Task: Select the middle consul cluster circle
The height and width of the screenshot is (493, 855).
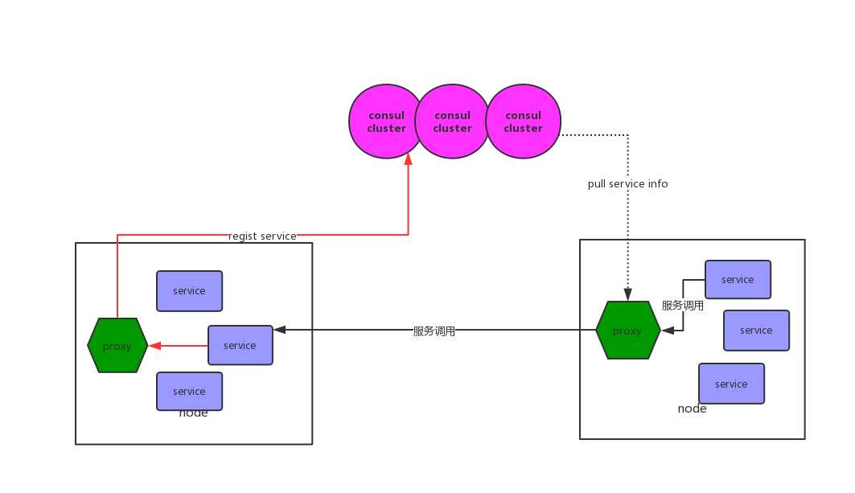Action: coord(452,121)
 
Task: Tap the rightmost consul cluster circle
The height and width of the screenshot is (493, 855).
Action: coord(523,121)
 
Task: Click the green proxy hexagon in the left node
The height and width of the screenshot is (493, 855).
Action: coord(117,346)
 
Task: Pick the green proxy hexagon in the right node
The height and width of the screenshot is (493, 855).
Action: coord(627,331)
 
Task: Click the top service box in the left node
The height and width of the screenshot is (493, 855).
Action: coord(189,291)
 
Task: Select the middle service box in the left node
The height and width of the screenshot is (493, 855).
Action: coord(240,345)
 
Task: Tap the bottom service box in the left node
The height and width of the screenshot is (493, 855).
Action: coord(189,391)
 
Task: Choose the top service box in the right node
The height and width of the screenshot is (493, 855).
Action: coord(738,280)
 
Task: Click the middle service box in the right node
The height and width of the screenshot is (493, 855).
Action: coord(756,331)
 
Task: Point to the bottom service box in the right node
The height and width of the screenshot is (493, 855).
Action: coord(731,384)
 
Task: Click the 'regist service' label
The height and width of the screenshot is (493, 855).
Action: coord(262,236)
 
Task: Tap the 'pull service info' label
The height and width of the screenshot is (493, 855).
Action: coord(627,183)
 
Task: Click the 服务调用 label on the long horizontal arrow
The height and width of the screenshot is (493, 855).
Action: coord(434,331)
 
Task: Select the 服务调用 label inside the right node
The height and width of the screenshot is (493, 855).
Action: coord(682,306)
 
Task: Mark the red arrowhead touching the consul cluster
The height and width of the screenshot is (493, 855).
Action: coord(408,160)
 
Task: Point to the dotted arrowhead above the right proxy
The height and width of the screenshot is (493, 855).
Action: coord(627,295)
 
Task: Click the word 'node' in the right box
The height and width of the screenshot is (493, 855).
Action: coord(692,409)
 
